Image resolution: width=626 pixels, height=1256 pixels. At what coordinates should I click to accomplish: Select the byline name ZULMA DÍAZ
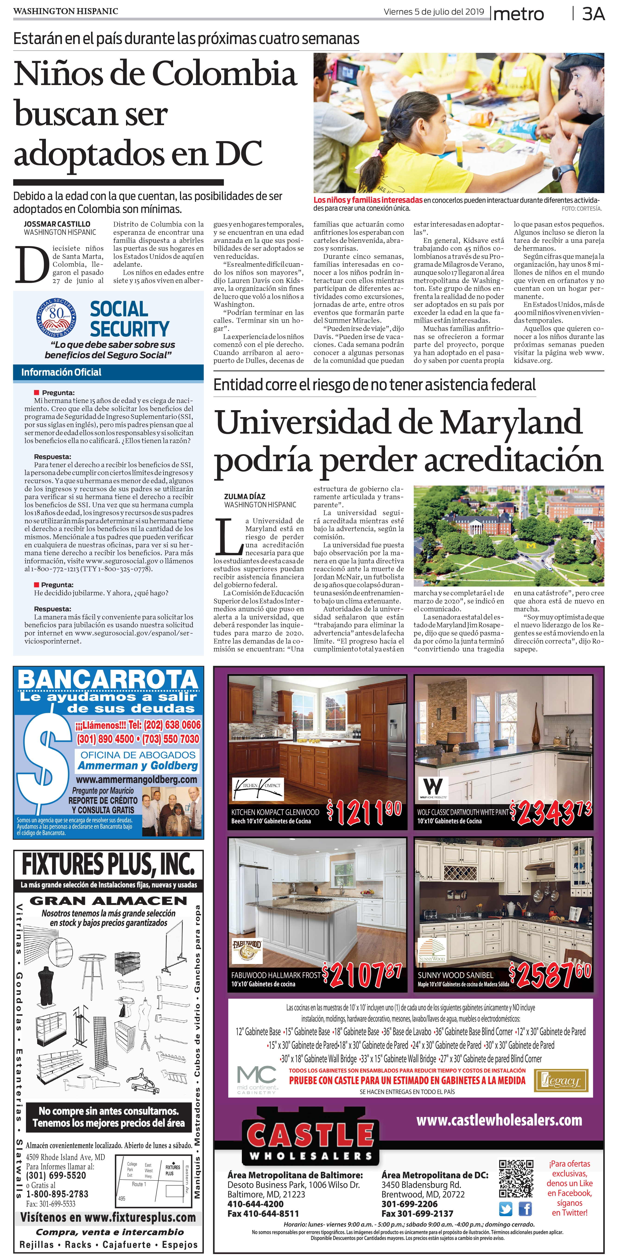[x=245, y=496]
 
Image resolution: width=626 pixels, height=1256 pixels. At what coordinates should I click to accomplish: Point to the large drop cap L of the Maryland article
[x=228, y=538]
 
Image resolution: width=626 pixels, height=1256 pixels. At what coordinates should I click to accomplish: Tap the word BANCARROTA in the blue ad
[x=108, y=679]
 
